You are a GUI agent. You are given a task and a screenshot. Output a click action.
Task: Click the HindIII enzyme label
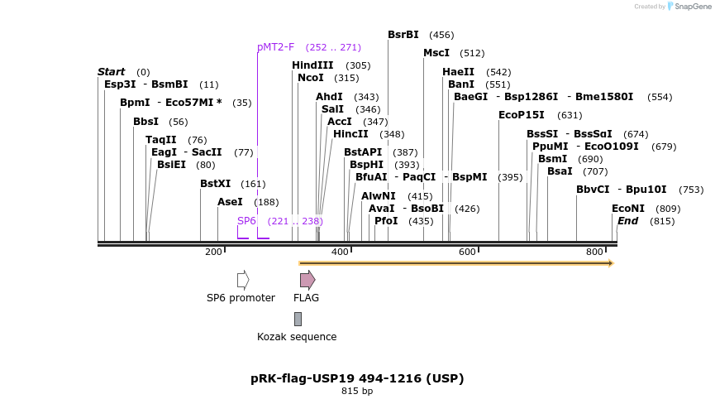coord(312,65)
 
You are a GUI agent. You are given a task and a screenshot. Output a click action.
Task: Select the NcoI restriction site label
coord(311,78)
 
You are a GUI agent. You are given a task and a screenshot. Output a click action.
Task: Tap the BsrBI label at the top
coord(403,35)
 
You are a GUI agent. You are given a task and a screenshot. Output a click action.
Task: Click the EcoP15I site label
coord(522,115)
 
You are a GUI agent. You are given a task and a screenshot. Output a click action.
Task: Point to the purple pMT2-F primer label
coord(275,47)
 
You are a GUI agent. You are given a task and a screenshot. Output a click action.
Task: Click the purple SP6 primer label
coord(246,221)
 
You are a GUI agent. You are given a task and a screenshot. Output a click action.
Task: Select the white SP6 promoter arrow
coord(243,280)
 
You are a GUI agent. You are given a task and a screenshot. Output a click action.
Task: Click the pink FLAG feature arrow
coord(307,280)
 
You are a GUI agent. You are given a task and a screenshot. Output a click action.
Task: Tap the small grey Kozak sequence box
coord(298,319)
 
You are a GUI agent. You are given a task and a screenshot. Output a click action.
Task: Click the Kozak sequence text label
coord(297,337)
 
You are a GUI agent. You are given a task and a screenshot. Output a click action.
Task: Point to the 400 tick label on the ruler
coord(340,252)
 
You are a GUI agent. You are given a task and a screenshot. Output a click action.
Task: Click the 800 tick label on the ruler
coord(594,252)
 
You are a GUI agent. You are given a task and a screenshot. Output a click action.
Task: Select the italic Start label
coord(112,72)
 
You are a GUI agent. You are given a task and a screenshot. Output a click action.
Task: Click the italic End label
coord(627,221)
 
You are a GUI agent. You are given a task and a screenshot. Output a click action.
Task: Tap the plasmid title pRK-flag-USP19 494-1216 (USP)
coord(357,378)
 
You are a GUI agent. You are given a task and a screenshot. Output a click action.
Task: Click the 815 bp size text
coord(357,392)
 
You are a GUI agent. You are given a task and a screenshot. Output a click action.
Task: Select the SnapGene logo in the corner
coord(689,7)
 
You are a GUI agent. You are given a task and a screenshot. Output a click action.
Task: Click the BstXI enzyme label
coord(215,184)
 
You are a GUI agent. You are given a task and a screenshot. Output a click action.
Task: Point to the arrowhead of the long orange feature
coord(611,263)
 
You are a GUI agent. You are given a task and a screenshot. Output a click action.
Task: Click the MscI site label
coord(436,53)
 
